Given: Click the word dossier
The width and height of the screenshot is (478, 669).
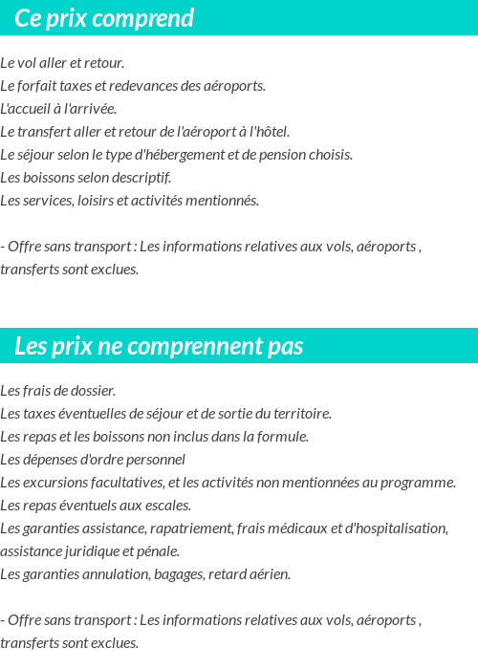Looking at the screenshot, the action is [x=92, y=391].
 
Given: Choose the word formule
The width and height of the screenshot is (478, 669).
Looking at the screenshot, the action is [x=282, y=437].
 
